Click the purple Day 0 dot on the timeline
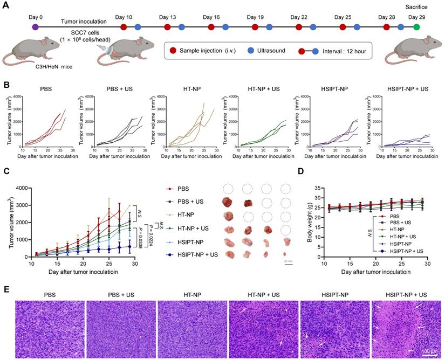coord(35,26)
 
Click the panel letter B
coord(6,85)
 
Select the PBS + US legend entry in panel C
coord(192,202)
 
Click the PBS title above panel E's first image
coord(50,294)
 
